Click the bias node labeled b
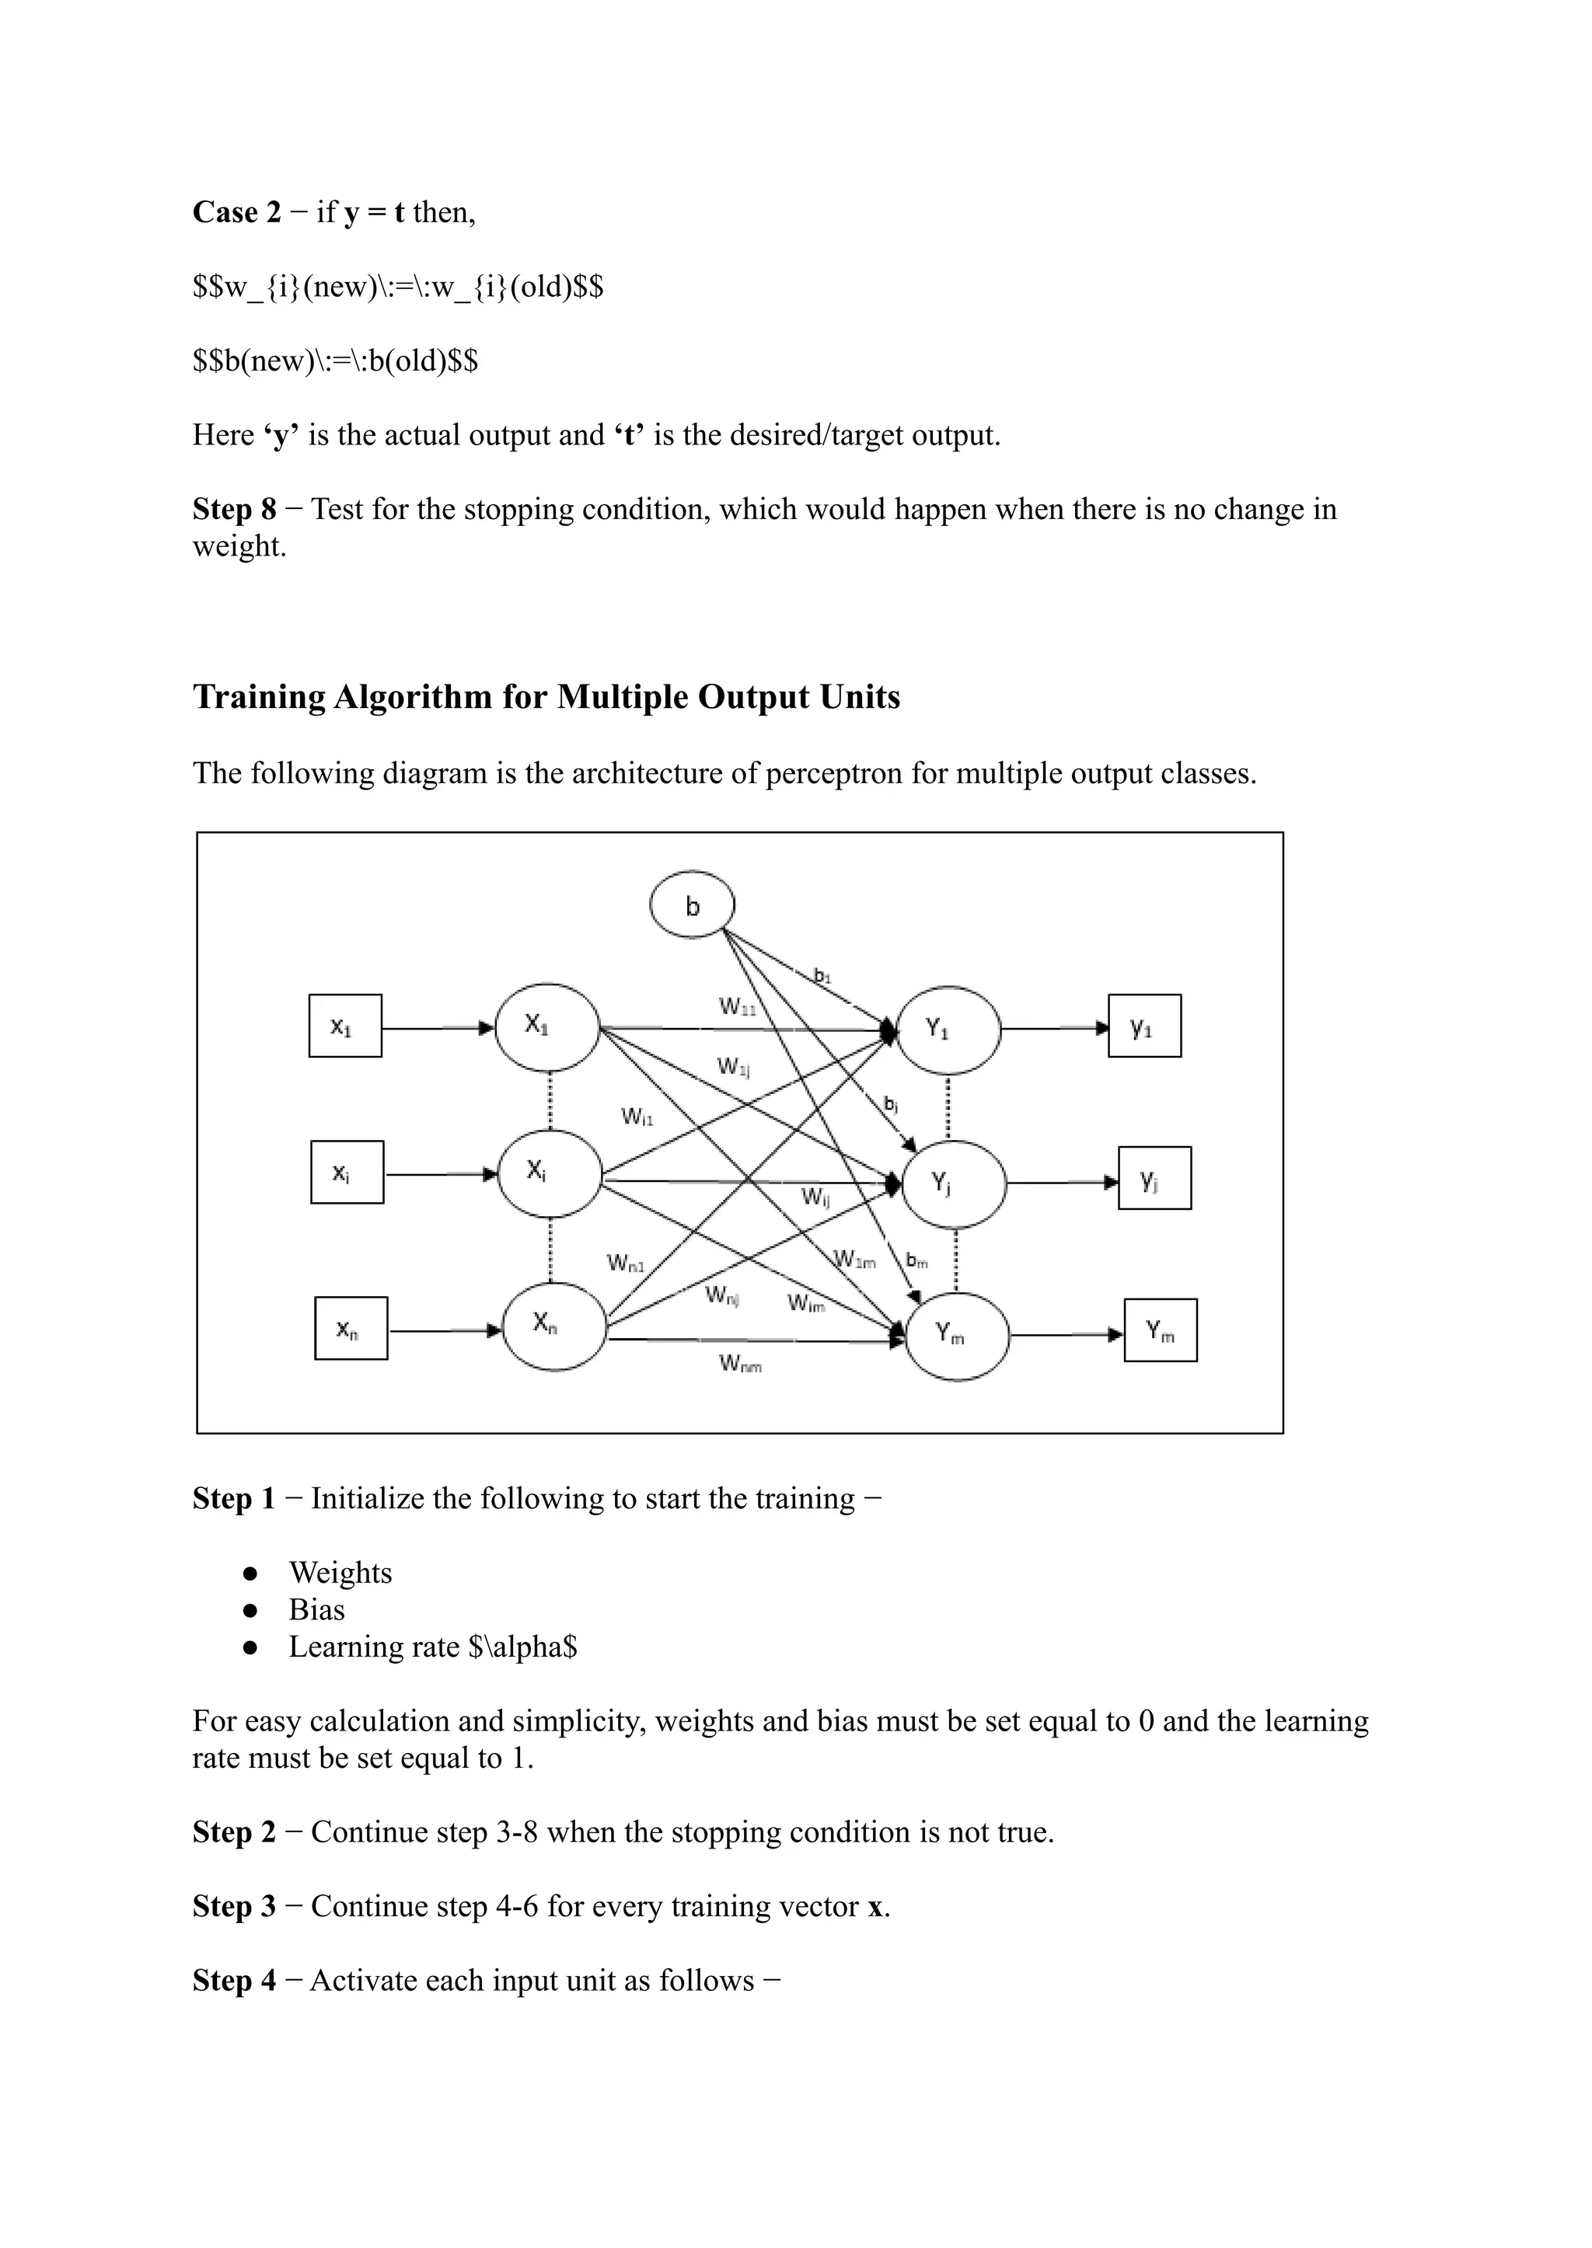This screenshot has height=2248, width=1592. (x=692, y=905)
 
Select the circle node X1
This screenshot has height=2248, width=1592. (x=548, y=1027)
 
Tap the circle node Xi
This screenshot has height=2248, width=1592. (x=549, y=1173)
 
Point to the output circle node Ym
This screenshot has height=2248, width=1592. (x=957, y=1335)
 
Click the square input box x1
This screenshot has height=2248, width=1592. (x=345, y=1026)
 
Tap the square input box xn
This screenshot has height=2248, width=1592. (x=351, y=1329)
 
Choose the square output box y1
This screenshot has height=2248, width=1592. (x=1144, y=1026)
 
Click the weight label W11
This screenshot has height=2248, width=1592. (x=737, y=1006)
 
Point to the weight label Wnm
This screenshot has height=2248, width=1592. (x=740, y=1363)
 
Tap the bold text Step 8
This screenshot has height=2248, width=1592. (x=234, y=510)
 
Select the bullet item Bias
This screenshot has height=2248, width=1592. (x=316, y=1610)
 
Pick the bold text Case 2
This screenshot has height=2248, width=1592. (x=236, y=213)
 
